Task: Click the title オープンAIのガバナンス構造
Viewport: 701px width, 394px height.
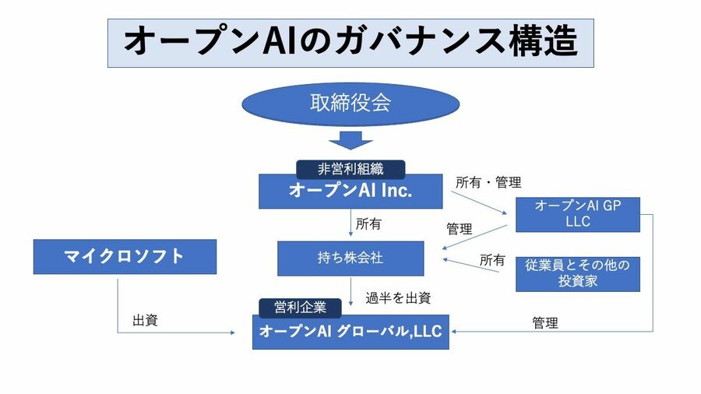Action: (x=350, y=40)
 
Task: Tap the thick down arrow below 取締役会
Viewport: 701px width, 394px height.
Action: (x=350, y=141)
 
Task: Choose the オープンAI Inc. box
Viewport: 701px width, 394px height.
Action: (x=350, y=192)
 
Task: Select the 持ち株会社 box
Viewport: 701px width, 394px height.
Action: (x=350, y=258)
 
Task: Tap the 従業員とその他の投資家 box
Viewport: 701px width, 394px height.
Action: (x=577, y=273)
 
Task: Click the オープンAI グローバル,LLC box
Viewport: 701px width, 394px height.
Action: (x=350, y=332)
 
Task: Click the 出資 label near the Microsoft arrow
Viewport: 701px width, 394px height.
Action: (x=145, y=320)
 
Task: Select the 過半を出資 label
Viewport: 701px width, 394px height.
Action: (x=398, y=297)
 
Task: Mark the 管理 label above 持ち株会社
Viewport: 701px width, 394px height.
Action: (x=459, y=229)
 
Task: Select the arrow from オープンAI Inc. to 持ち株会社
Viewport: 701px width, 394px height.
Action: (x=350, y=224)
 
